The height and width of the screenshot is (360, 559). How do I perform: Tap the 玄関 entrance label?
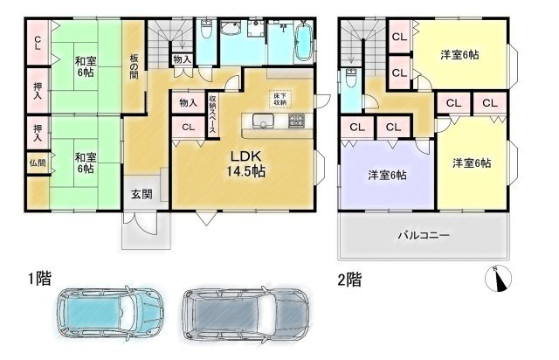(141, 195)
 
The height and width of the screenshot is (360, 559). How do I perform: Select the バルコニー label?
(424, 235)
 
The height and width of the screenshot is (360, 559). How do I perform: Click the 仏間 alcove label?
(38, 163)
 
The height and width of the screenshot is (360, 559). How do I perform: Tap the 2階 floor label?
(349, 280)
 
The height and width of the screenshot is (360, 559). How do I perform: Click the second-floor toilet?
(350, 79)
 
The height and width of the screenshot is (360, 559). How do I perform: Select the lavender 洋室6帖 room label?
(386, 176)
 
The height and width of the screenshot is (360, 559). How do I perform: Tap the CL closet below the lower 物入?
(189, 127)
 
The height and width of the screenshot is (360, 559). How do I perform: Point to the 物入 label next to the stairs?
(183, 59)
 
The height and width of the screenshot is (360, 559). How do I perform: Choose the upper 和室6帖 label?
(85, 65)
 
